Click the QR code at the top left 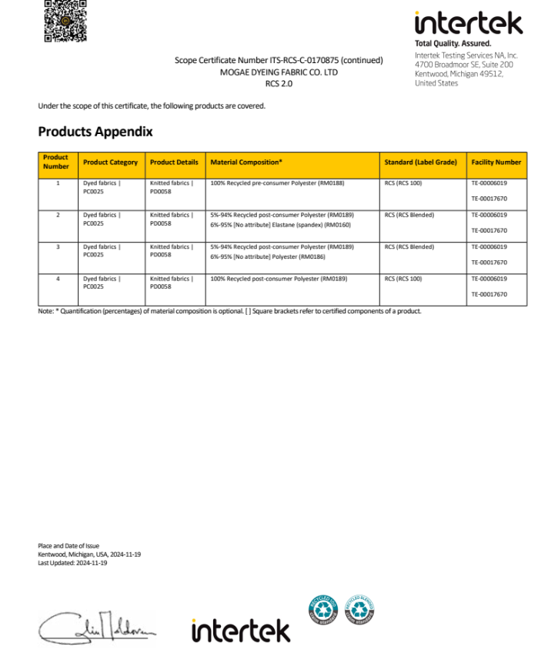click(65, 20)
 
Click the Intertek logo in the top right click(468, 22)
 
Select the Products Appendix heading click(95, 132)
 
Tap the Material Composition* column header click(246, 162)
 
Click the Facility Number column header click(496, 162)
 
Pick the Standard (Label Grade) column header click(420, 162)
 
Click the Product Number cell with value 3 click(58, 247)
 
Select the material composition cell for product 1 click(281, 183)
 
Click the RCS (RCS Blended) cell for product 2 click(409, 215)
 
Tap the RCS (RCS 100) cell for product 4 click(403, 279)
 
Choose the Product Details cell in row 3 click(172, 250)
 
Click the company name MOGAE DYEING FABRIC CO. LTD click(279, 72)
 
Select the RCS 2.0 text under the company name click(279, 83)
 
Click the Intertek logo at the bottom click(241, 629)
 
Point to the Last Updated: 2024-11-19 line click(72, 563)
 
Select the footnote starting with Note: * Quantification click(229, 311)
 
